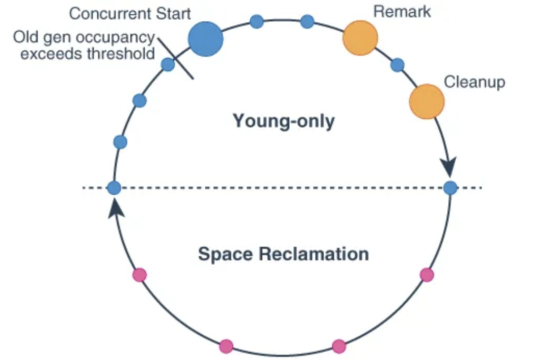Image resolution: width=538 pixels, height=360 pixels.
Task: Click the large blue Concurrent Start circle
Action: click(x=206, y=39)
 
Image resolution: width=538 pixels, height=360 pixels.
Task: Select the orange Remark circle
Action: click(x=360, y=38)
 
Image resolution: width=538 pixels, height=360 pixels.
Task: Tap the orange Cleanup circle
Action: click(x=427, y=102)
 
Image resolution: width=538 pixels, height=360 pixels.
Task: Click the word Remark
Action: click(x=402, y=11)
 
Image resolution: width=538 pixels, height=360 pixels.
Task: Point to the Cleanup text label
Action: click(x=474, y=81)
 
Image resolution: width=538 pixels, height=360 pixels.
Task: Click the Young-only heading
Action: click(x=283, y=121)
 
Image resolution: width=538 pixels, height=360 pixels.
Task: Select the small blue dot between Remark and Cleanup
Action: click(x=397, y=65)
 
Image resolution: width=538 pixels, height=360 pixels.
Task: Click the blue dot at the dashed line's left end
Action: click(x=114, y=188)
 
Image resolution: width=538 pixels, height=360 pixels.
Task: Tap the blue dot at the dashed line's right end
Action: click(x=450, y=188)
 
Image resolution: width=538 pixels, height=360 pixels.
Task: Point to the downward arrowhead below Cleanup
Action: click(x=450, y=167)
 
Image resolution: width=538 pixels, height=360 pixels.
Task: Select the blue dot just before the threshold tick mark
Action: click(x=168, y=65)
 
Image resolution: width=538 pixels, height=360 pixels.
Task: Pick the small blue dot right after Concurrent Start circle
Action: click(x=257, y=21)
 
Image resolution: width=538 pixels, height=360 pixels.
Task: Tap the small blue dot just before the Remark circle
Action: click(x=307, y=21)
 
